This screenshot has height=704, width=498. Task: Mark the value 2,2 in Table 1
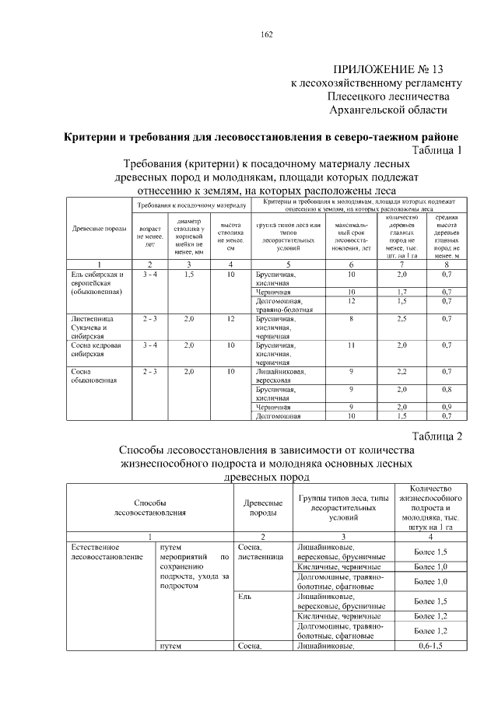(x=402, y=372)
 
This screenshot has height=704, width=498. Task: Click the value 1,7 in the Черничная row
(x=402, y=292)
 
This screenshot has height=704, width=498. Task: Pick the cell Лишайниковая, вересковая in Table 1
(x=280, y=377)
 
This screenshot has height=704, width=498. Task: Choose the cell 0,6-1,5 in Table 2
(x=431, y=646)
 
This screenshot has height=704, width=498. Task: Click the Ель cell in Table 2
(x=244, y=597)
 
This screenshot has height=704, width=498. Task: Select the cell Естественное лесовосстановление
(x=100, y=553)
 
